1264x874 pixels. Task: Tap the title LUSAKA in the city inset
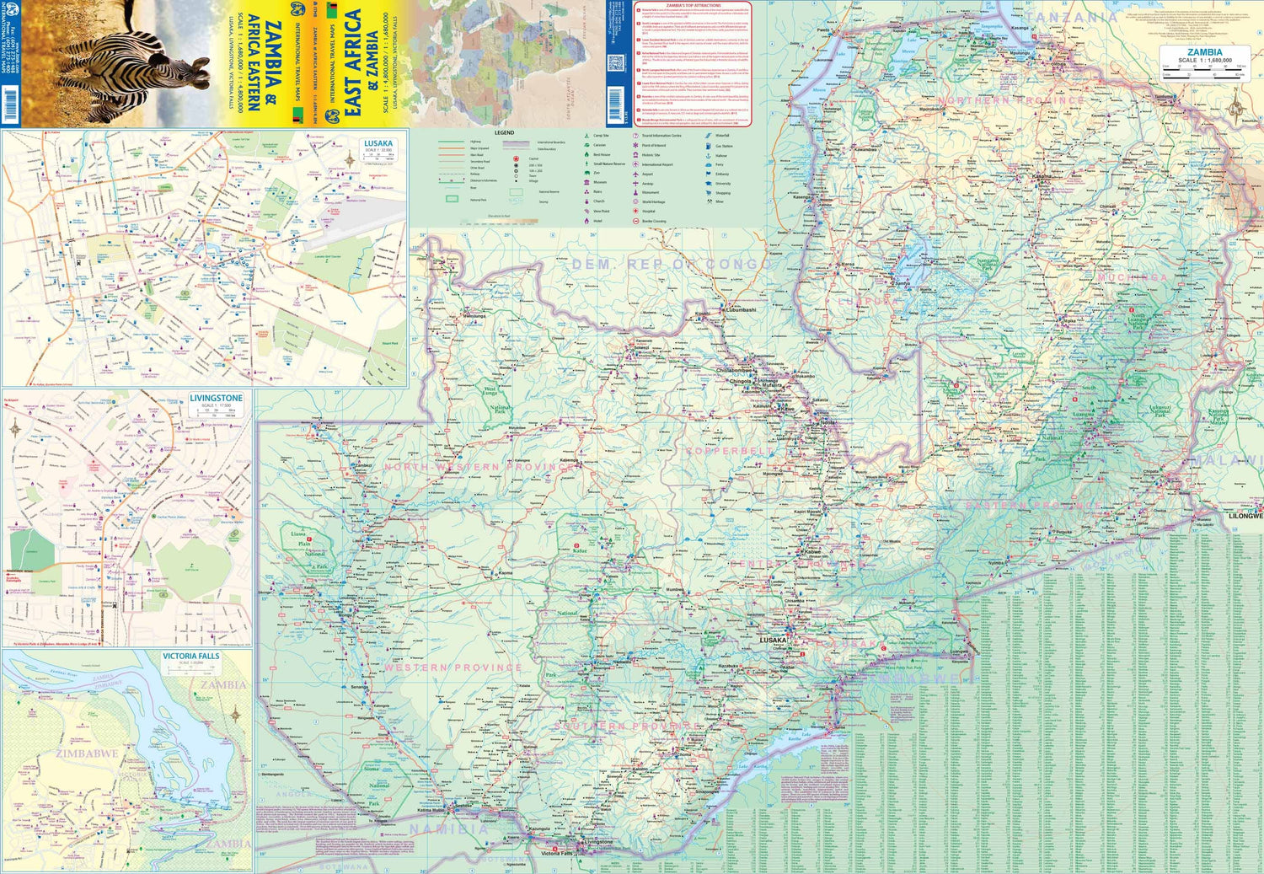pos(378,143)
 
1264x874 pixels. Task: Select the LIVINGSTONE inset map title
pos(216,398)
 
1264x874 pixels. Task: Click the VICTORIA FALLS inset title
pos(190,656)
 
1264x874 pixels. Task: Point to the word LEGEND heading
pos(504,132)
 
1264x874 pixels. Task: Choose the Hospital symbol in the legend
pos(635,212)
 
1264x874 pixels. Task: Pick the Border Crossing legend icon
pos(635,221)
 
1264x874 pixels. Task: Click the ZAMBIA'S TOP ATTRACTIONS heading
pos(693,5)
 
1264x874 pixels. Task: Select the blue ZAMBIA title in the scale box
pos(1204,52)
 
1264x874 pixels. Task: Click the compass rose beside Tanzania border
pos(1236,108)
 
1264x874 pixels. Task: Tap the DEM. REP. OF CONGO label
pos(670,264)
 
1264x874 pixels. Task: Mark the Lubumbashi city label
pos(742,310)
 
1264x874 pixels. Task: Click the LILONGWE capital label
pos(1245,515)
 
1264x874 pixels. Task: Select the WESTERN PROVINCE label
pos(453,668)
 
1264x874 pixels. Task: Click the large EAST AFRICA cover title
pos(353,63)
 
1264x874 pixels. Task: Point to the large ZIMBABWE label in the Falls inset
pos(86,753)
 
